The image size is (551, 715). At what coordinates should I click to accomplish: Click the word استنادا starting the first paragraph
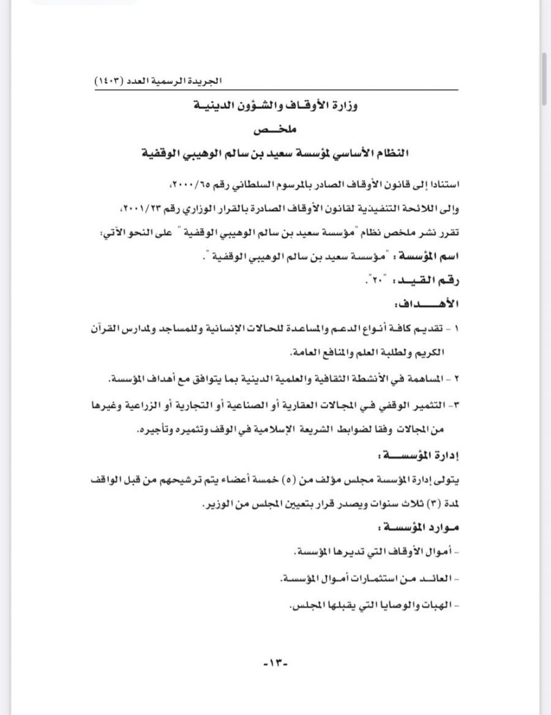442,184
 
